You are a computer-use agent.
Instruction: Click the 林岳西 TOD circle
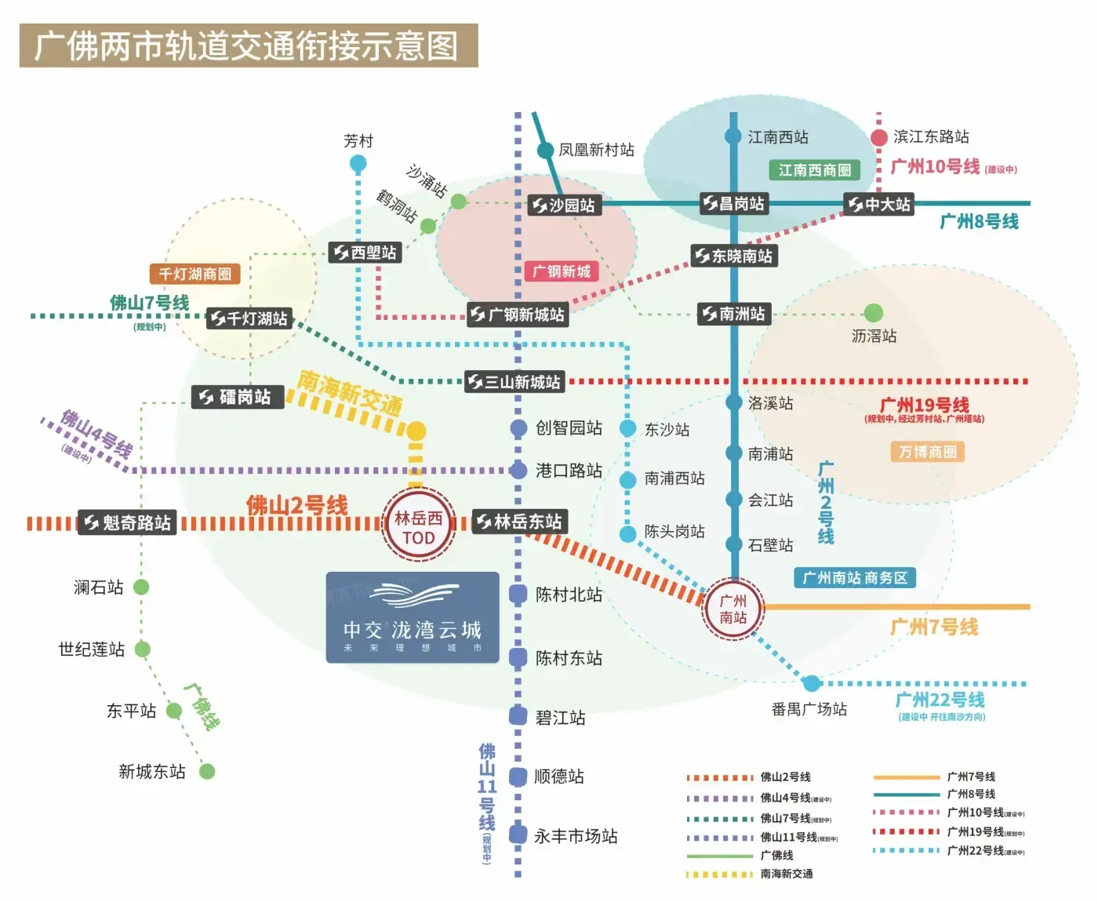tap(419, 527)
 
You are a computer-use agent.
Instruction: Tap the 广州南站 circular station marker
tap(733, 609)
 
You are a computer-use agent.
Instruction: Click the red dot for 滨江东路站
tap(879, 137)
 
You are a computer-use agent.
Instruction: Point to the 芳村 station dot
tap(358, 163)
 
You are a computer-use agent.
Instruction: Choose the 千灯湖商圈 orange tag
tap(195, 274)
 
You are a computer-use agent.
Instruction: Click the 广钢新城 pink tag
tap(562, 271)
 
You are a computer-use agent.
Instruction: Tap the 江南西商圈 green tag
tap(814, 170)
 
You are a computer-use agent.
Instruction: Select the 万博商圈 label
tap(928, 452)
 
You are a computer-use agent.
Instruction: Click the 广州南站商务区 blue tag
tap(855, 578)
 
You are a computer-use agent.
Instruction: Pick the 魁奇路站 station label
tap(127, 522)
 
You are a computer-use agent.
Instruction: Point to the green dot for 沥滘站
tap(874, 313)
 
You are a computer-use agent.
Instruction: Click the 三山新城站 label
tap(514, 382)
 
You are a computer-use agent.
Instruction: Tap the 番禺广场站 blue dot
tap(812, 682)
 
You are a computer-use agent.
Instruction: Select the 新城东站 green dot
tap(207, 771)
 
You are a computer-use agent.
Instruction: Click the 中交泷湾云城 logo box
tap(413, 617)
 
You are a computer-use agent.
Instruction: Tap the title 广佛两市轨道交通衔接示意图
tap(248, 45)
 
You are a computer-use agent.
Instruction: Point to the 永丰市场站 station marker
tap(518, 835)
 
